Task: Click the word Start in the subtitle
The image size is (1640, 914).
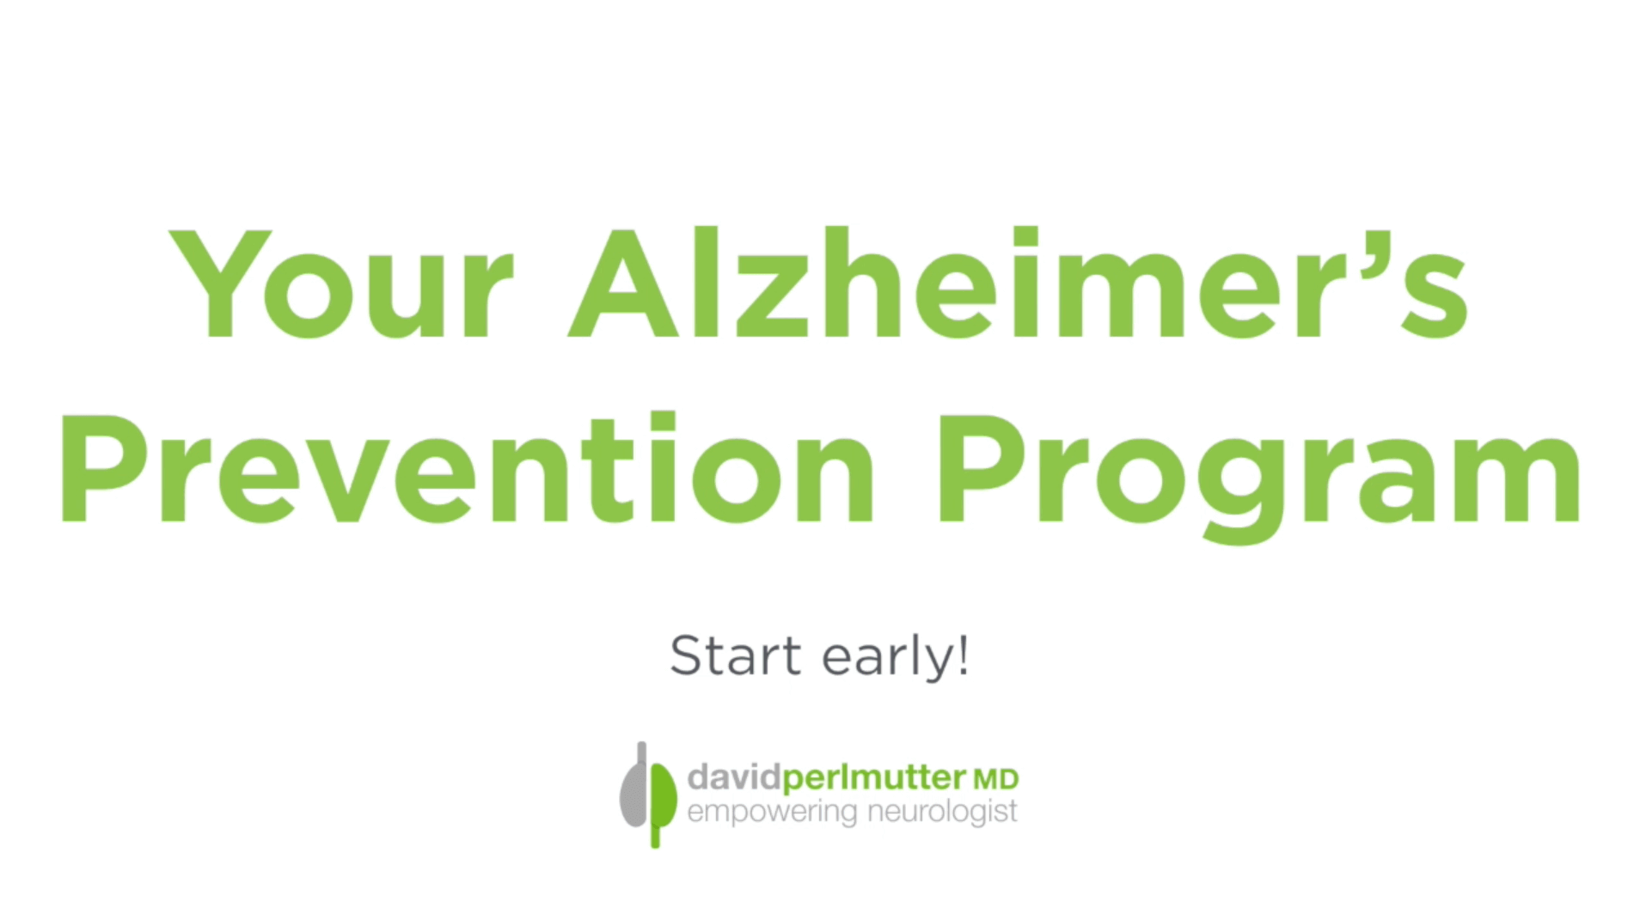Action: point(735,657)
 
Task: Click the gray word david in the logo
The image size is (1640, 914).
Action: point(733,778)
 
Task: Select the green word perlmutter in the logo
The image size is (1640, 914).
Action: point(873,778)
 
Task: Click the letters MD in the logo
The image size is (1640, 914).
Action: point(994,780)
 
